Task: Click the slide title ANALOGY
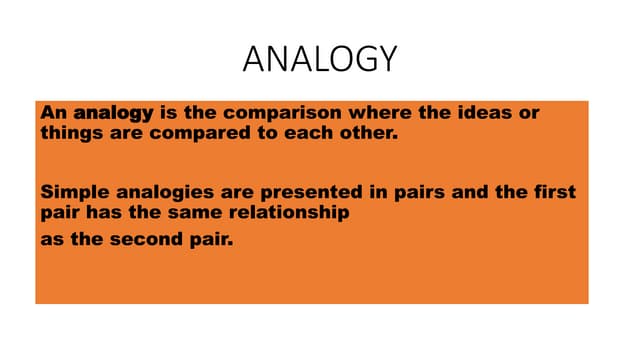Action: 320,60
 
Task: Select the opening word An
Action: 53,113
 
